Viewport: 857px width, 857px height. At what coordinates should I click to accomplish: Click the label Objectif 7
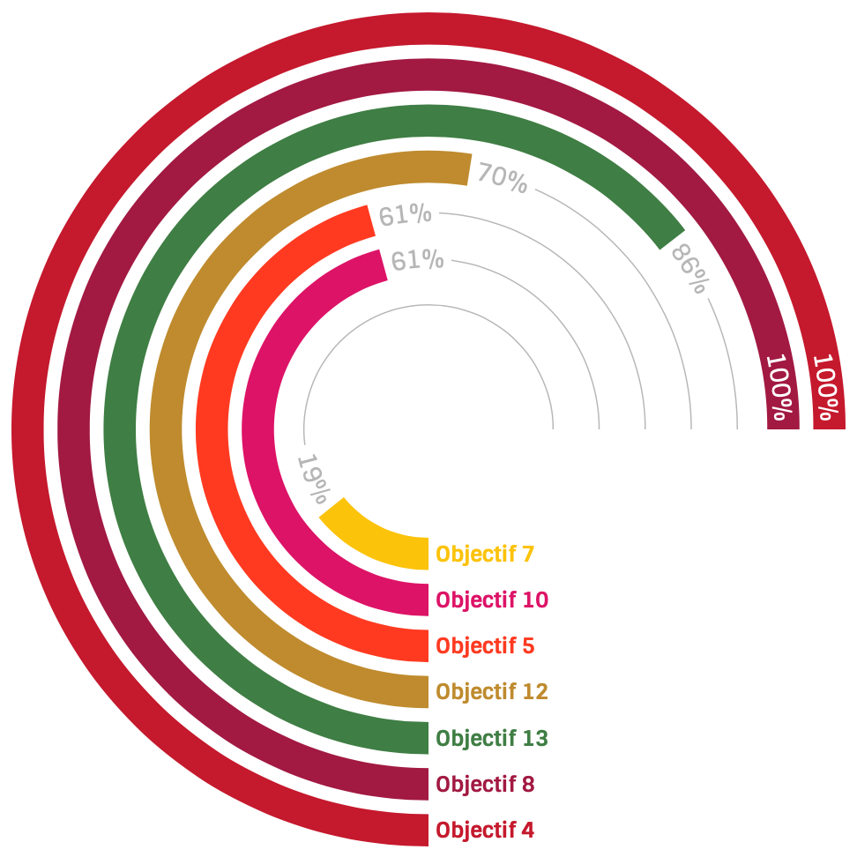coord(485,555)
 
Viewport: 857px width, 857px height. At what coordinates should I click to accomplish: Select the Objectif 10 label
coord(492,600)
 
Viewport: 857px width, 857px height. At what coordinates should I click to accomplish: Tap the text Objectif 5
coord(485,646)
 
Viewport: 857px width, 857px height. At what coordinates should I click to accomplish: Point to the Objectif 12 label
coord(492,692)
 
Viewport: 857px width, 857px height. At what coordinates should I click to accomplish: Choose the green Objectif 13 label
coord(492,738)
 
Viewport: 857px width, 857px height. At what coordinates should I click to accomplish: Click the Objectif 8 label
coord(485,784)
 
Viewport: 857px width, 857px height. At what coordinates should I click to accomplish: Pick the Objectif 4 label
coord(485,830)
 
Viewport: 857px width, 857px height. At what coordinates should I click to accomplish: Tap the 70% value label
coord(503,179)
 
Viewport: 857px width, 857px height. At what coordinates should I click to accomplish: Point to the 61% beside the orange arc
coord(405,214)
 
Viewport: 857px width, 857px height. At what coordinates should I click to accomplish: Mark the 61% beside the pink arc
coord(417,260)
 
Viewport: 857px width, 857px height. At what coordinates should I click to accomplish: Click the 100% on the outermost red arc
coord(828,386)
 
